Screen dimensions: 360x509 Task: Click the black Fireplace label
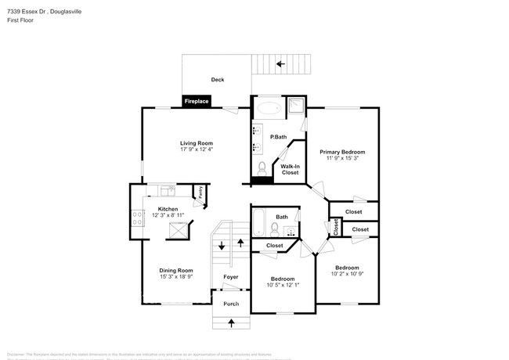coord(197,101)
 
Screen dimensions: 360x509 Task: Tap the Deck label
coord(217,80)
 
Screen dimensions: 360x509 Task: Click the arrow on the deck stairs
coord(280,63)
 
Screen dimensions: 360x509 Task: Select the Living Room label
coord(197,143)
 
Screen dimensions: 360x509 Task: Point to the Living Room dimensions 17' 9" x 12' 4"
coord(197,150)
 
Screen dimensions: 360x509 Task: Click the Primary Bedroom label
coord(342,152)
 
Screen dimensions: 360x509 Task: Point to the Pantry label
coord(200,190)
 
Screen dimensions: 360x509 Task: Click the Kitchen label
coord(168,209)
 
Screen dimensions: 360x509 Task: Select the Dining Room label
coord(176,270)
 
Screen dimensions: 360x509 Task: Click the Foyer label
coord(230,277)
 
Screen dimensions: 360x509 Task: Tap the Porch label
coord(231,304)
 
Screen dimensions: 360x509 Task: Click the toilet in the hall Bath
coord(274,229)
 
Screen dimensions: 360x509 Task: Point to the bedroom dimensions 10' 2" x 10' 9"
coord(347,274)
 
